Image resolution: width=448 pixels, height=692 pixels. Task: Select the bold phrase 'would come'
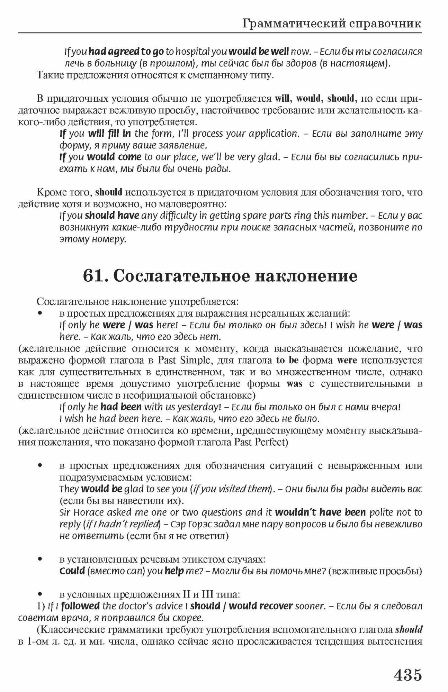click(x=114, y=157)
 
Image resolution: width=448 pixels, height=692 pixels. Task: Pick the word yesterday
click(x=199, y=407)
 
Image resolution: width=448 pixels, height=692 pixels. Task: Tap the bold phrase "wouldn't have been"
click(x=320, y=512)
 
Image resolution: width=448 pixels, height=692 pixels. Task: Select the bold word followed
click(x=80, y=606)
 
